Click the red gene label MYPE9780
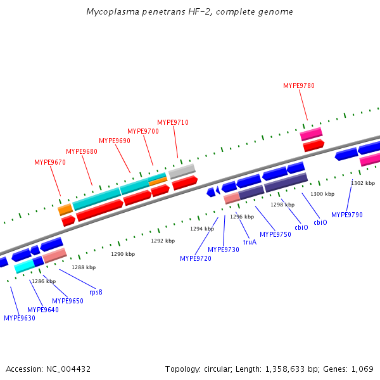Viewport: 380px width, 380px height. click(x=298, y=85)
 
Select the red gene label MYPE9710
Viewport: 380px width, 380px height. click(x=173, y=122)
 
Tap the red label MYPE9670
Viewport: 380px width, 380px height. click(x=50, y=163)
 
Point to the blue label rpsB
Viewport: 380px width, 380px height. click(x=96, y=292)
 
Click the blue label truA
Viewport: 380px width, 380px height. click(x=250, y=241)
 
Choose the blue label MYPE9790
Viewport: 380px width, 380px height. click(x=347, y=215)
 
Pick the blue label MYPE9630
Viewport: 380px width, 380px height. click(x=20, y=318)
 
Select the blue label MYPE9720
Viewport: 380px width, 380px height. click(x=196, y=258)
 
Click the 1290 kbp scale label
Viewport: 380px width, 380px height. click(x=123, y=254)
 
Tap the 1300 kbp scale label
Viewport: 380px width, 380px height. click(x=322, y=194)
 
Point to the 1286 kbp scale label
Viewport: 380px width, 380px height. click(x=44, y=281)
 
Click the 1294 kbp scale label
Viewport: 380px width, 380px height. click(x=202, y=229)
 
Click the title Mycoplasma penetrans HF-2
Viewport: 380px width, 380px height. click(x=189, y=12)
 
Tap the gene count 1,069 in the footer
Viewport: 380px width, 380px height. click(x=362, y=369)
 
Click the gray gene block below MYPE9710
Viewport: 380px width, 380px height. click(x=182, y=171)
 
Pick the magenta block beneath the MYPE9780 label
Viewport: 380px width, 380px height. click(x=311, y=134)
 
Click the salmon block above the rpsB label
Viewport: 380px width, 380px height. click(x=55, y=255)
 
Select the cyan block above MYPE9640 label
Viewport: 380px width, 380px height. click(x=24, y=267)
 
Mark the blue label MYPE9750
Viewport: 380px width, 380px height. click(x=275, y=234)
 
